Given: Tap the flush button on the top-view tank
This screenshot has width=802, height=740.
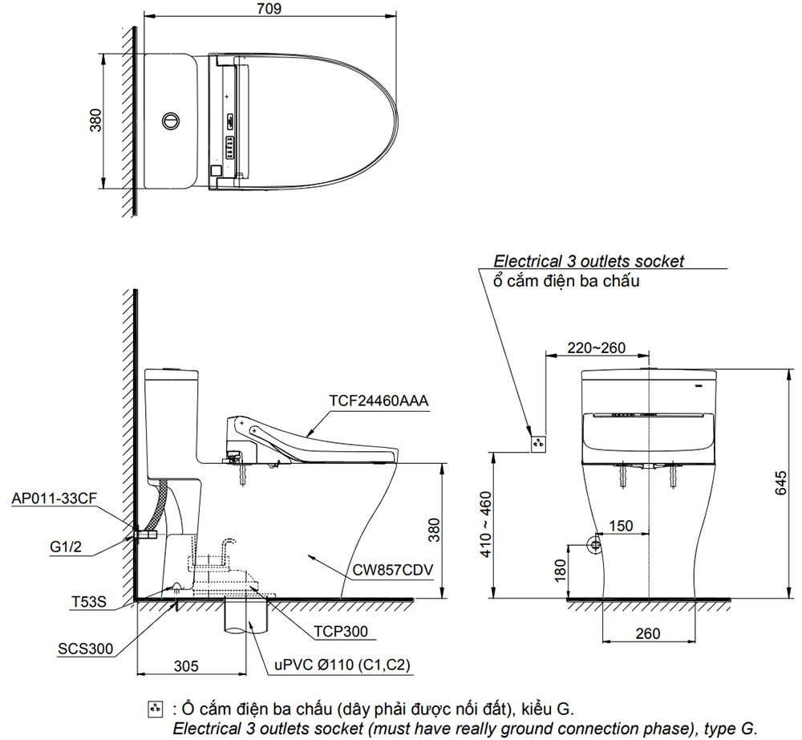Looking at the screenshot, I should pos(169,121).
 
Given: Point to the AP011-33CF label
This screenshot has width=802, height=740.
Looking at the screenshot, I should pos(55,498).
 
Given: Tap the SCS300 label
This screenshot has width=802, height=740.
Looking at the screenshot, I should pos(85,649).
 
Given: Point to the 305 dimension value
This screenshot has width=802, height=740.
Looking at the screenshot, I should pos(186,665).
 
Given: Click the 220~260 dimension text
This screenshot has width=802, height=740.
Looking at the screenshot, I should pos(596,348).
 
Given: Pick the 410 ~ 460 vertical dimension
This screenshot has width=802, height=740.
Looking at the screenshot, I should pos(507,525).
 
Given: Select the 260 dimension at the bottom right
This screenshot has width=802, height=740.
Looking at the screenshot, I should pos(647,633).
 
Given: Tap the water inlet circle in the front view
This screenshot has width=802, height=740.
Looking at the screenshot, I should pos(595,544).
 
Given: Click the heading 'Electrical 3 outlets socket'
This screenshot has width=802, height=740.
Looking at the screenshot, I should pos(589,261).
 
